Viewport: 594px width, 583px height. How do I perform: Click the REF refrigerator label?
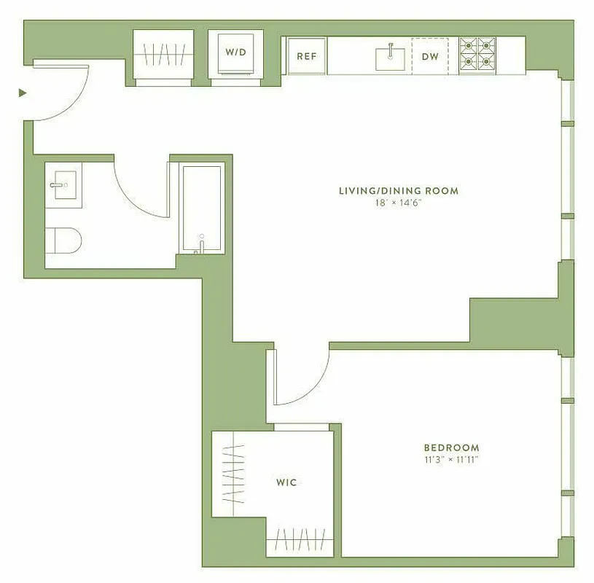pos(306,56)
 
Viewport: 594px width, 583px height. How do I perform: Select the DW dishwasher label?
pos(430,56)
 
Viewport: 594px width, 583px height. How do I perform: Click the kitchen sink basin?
pos(390,58)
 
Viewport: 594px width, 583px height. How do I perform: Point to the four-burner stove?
pos(477,55)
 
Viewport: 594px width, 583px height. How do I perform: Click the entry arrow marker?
pos(23,93)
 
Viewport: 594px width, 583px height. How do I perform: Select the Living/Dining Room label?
pos(398,191)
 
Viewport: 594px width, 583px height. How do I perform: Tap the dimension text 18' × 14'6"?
pos(398,203)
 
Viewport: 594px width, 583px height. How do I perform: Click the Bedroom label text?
pos(452,447)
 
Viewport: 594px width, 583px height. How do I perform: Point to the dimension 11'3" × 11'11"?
pos(452,459)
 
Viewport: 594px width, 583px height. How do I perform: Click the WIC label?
pos(286,482)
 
